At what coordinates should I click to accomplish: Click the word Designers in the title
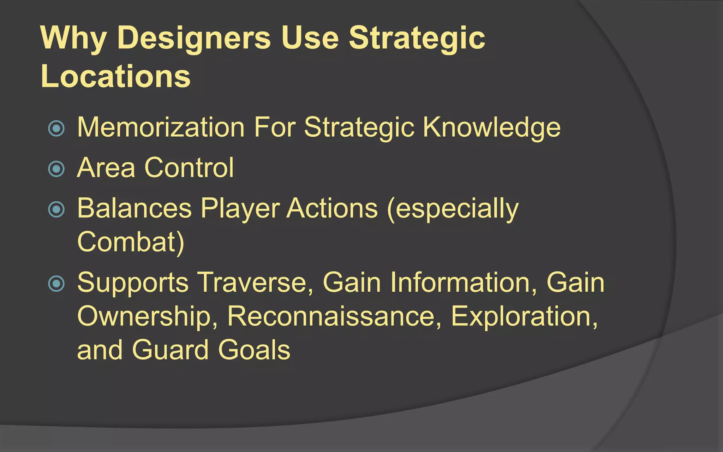click(x=194, y=38)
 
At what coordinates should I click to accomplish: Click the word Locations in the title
click(x=115, y=76)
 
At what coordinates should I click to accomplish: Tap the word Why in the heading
click(x=73, y=38)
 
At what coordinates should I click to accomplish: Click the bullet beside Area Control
click(x=56, y=168)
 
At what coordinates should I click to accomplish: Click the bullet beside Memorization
click(x=56, y=128)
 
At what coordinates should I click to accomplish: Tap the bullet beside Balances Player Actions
click(x=56, y=209)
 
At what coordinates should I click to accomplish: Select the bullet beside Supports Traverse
click(x=56, y=283)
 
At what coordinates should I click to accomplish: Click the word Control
click(x=189, y=167)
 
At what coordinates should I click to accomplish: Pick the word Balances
click(x=134, y=208)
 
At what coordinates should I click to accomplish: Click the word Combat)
click(x=131, y=242)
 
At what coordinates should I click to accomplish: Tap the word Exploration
click(x=524, y=316)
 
